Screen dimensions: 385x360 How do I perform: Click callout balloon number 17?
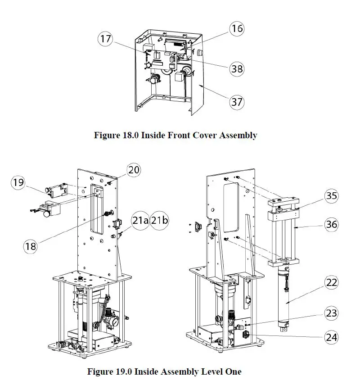point(105,39)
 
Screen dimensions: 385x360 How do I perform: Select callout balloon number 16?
point(237,29)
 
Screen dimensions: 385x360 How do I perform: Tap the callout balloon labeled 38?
point(237,68)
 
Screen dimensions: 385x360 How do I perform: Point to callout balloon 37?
point(237,102)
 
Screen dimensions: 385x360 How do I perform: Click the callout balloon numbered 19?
point(18,183)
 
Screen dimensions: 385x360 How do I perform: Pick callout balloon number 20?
point(134,170)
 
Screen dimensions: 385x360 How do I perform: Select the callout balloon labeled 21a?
point(139,220)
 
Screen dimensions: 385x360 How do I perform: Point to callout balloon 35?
point(332,196)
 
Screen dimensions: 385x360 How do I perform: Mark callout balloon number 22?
point(332,283)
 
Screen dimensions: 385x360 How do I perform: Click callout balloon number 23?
point(332,313)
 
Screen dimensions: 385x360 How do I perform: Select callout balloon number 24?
point(332,337)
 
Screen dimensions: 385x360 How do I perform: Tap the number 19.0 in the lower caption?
point(126,371)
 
